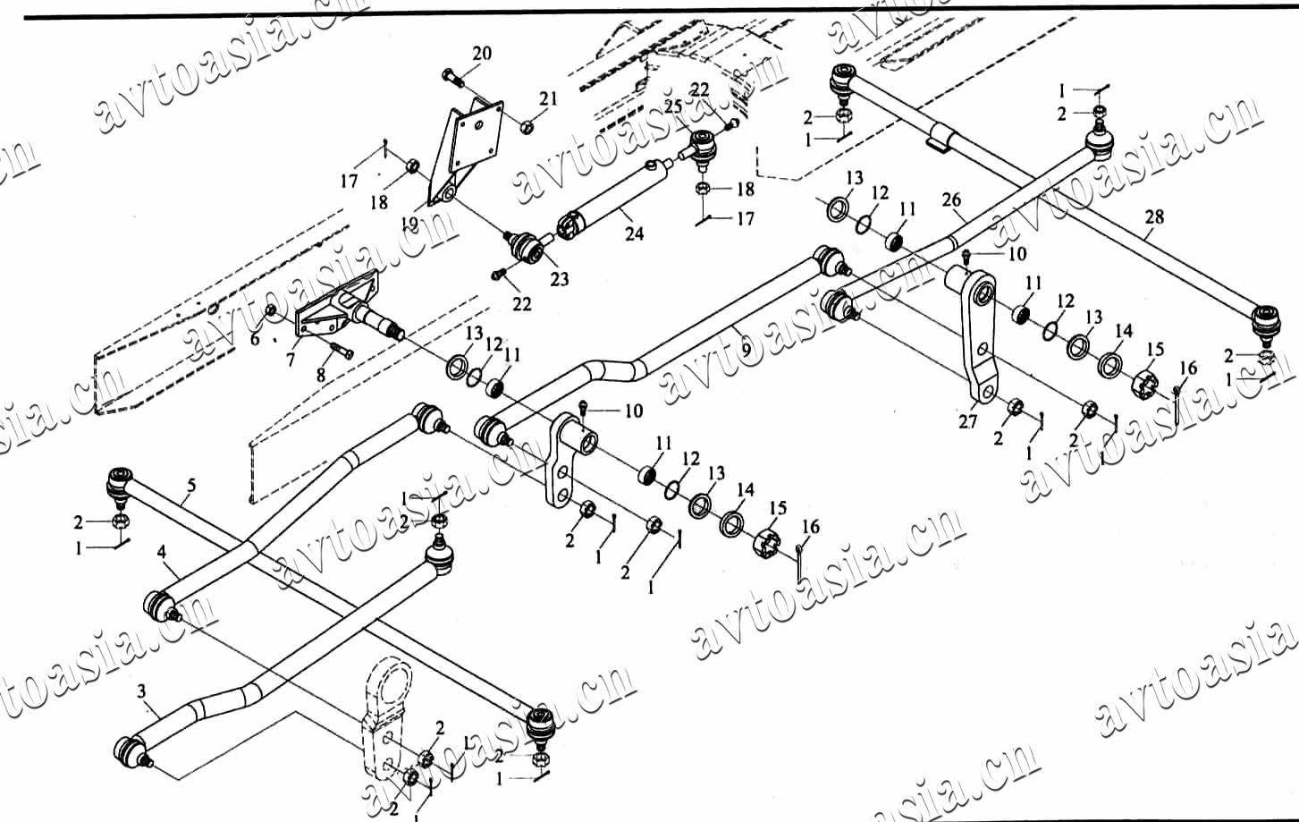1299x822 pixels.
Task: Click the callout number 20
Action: (481, 54)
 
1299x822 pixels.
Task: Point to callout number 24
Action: (634, 234)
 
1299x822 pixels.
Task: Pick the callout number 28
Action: (1154, 216)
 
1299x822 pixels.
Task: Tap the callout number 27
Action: (968, 422)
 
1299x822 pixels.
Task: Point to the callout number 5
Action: (190, 487)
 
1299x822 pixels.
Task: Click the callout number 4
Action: (161, 552)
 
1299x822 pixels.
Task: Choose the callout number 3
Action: (141, 691)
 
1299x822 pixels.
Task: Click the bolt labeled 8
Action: (339, 349)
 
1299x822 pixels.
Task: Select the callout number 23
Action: (560, 280)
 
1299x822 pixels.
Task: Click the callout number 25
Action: (672, 106)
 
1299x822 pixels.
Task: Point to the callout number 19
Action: (410, 224)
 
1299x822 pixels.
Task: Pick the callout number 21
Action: (548, 98)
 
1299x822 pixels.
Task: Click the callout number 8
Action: (321, 376)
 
